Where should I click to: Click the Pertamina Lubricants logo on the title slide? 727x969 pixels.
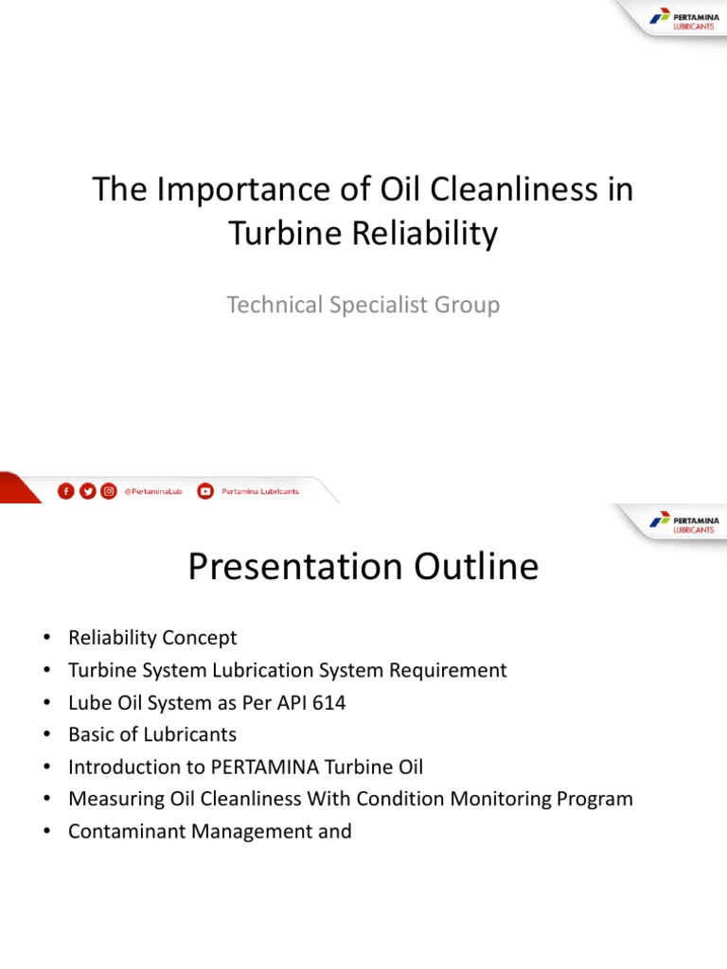point(683,20)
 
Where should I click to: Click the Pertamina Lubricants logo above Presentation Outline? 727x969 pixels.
point(683,523)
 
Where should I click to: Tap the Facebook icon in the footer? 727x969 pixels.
point(65,491)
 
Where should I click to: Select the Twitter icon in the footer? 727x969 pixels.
point(87,491)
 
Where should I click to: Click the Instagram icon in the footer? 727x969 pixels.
point(109,491)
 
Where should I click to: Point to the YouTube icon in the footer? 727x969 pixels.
point(204,491)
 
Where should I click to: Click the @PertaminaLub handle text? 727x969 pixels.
point(153,491)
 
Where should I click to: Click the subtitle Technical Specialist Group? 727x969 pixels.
point(363,305)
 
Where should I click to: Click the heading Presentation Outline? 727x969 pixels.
point(363,568)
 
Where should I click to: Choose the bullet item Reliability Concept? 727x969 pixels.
point(152,638)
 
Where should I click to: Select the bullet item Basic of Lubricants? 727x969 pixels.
point(152,734)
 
